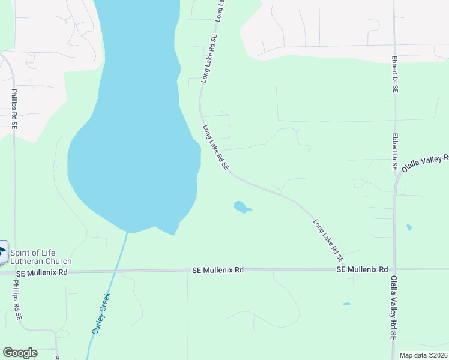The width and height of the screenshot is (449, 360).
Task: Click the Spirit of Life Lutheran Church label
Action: [x=40, y=257]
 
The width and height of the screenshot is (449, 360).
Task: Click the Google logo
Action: [x=20, y=353]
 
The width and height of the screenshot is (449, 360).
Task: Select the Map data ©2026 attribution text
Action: [x=423, y=355]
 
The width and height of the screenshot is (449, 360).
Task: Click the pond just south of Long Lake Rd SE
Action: [x=241, y=208]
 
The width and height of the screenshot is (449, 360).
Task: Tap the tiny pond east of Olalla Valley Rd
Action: [x=409, y=227]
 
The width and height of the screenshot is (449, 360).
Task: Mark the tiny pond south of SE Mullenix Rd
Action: [x=346, y=304]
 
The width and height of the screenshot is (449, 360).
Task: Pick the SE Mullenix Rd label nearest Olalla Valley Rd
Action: [x=362, y=270]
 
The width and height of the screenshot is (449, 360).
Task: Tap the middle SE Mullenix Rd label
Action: [x=218, y=271]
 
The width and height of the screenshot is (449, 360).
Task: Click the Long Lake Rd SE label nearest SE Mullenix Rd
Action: [x=328, y=240]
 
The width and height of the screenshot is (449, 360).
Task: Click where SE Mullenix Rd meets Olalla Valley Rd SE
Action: [x=394, y=269]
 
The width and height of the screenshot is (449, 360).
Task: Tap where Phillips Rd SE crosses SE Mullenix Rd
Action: [x=14, y=272]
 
